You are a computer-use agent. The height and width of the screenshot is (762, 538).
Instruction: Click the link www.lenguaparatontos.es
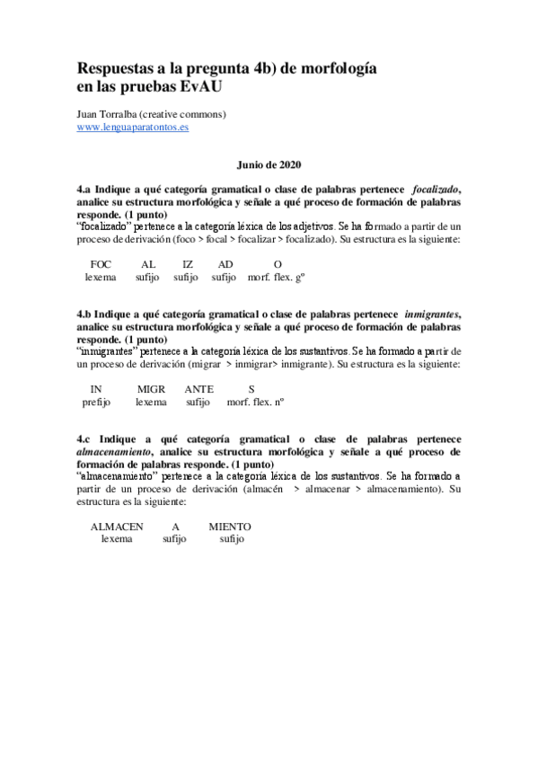(x=132, y=128)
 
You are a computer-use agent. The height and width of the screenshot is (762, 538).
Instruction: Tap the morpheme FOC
(x=101, y=264)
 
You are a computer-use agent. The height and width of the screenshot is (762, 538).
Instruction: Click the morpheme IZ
(x=187, y=264)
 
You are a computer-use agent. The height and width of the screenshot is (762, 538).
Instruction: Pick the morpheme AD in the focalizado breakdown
(x=225, y=264)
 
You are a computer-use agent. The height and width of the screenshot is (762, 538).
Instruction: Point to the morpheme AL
(x=148, y=264)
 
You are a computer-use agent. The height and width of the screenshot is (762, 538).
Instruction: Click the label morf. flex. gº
(x=278, y=278)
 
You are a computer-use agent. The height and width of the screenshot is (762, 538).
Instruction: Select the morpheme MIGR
(x=151, y=388)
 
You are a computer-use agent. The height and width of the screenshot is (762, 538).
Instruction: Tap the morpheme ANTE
(x=198, y=388)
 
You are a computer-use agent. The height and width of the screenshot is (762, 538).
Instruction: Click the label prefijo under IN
(x=95, y=402)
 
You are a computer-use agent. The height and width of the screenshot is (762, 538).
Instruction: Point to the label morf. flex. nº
(x=255, y=402)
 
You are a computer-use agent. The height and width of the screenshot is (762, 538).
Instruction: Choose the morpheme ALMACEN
(x=117, y=526)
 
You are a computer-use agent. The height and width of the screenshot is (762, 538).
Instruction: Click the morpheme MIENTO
(x=230, y=526)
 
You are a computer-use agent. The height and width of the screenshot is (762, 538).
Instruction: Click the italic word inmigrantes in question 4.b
(x=431, y=314)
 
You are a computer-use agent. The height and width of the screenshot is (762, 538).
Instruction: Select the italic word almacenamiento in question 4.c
(x=114, y=450)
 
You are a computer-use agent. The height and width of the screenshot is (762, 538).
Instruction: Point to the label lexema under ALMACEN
(x=117, y=539)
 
